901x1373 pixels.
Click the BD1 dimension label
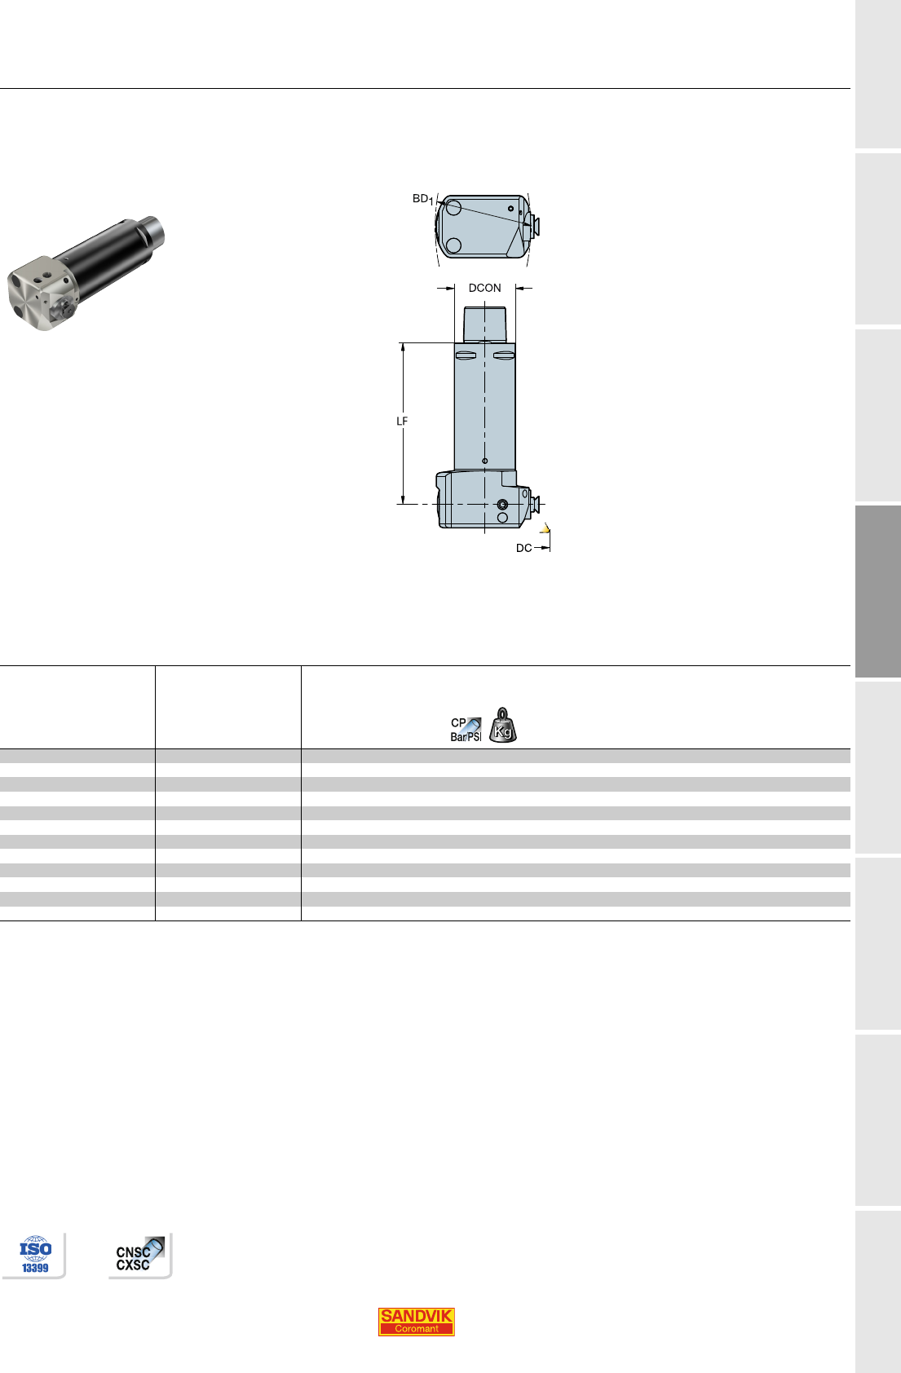click(423, 199)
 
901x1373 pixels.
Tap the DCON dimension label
click(484, 288)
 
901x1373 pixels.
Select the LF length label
click(402, 421)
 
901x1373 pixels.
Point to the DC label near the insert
click(523, 548)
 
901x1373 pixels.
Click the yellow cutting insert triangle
click(545, 528)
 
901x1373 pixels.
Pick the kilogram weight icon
click(502, 725)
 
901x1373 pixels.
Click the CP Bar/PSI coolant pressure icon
click(466, 730)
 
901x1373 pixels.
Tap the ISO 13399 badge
click(35, 1255)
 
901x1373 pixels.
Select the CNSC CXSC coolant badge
click(140, 1254)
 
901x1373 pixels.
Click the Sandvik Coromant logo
click(416, 1321)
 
